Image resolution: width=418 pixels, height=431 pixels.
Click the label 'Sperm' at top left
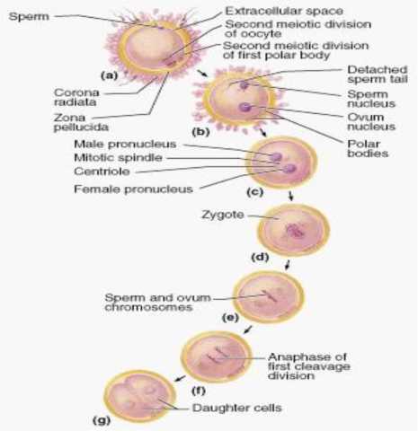click(x=29, y=16)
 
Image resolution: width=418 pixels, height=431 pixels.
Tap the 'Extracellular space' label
click(x=284, y=11)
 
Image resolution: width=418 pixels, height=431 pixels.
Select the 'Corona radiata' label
click(x=76, y=97)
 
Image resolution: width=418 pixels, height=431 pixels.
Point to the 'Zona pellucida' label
click(x=81, y=122)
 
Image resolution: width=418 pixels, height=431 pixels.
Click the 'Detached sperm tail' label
click(x=378, y=75)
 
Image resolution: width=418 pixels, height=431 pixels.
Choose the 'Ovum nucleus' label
click(x=371, y=121)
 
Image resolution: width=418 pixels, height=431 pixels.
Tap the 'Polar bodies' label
click(x=368, y=148)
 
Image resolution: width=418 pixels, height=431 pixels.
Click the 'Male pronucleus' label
click(x=125, y=144)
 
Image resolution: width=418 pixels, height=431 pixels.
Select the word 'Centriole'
click(x=102, y=172)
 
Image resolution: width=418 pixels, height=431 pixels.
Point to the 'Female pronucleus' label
click(x=133, y=189)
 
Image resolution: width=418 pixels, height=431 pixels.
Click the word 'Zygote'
click(x=223, y=215)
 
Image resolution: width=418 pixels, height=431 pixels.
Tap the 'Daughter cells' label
click(x=237, y=408)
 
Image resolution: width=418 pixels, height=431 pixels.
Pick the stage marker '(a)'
click(x=109, y=75)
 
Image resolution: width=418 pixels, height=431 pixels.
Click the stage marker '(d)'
click(x=260, y=257)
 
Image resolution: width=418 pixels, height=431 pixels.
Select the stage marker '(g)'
click(x=102, y=420)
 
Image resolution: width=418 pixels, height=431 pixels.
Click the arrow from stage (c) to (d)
click(x=290, y=195)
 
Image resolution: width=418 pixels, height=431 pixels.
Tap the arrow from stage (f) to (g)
click(x=180, y=378)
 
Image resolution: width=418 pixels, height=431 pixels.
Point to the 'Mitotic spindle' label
click(x=118, y=158)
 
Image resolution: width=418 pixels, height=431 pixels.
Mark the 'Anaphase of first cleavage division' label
click(x=308, y=366)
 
